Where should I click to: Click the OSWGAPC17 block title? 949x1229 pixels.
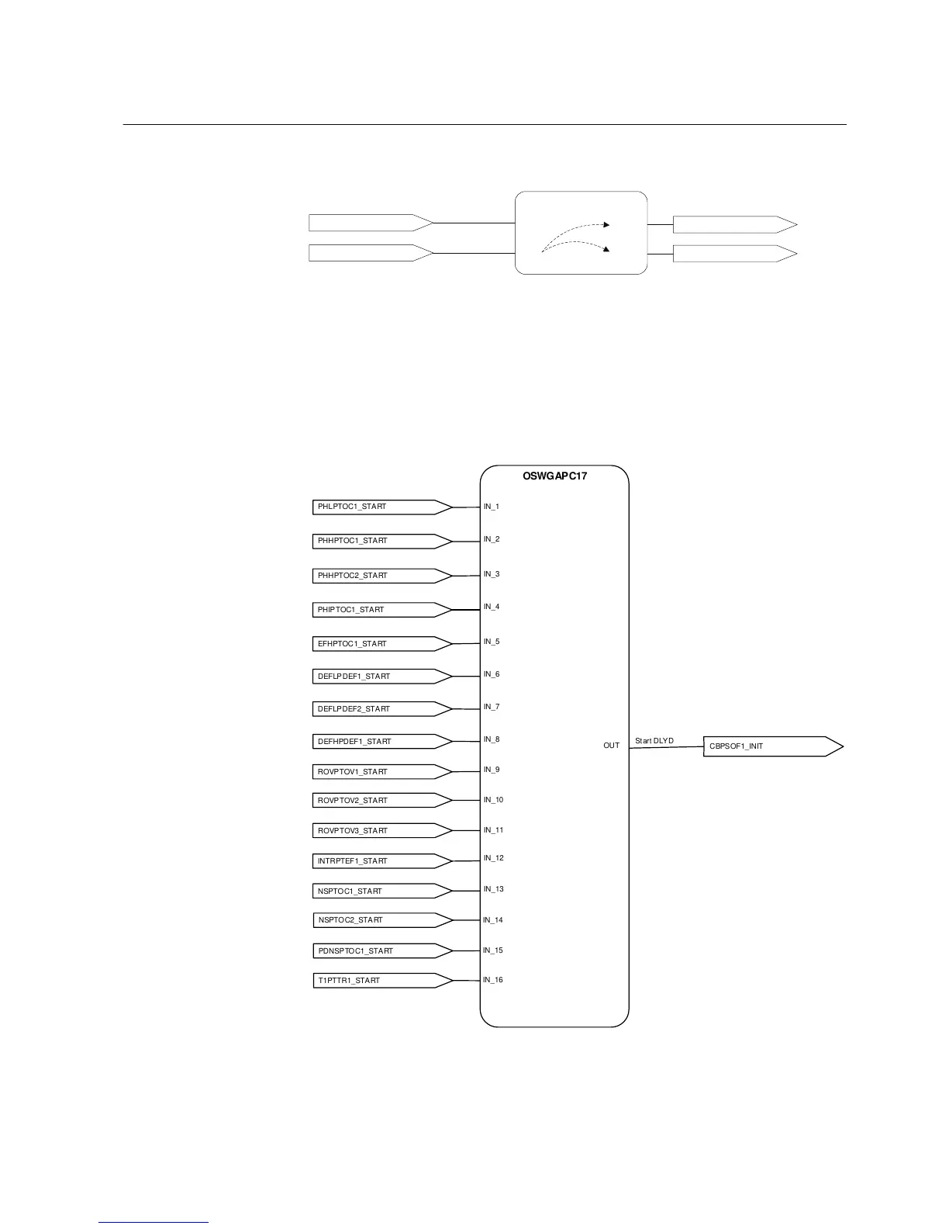click(554, 476)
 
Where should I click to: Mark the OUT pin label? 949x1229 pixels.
click(611, 746)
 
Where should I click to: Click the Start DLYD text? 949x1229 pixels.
click(654, 741)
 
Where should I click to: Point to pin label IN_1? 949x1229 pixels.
click(492, 507)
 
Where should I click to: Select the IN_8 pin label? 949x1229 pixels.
click(492, 739)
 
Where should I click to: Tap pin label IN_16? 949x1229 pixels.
click(493, 980)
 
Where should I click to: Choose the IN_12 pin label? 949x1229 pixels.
click(494, 858)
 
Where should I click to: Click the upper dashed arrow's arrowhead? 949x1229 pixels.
click(606, 225)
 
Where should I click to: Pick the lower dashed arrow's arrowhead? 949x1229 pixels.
click(606, 250)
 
